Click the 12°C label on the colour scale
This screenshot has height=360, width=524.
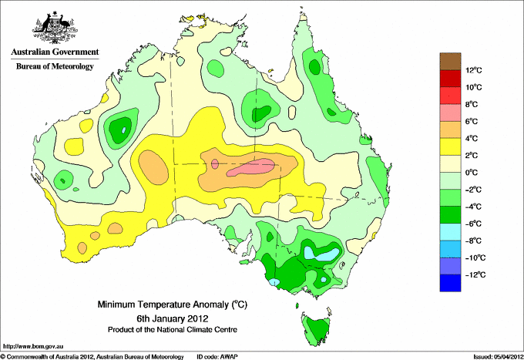click(x=474, y=70)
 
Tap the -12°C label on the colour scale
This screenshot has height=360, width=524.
click(x=476, y=274)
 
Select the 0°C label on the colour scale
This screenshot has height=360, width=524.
click(x=472, y=173)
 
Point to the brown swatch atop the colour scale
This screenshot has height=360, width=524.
click(x=450, y=61)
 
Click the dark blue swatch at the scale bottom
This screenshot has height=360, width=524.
click(x=450, y=283)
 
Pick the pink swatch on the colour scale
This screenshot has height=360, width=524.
click(x=450, y=113)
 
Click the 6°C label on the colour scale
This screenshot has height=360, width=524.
click(x=472, y=121)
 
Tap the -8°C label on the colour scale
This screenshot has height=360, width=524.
click(x=474, y=241)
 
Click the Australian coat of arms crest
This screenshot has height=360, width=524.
click(x=55, y=28)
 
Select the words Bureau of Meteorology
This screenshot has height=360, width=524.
click(x=55, y=66)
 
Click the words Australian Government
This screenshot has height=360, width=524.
click(x=55, y=52)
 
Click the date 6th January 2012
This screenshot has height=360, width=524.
click(x=173, y=318)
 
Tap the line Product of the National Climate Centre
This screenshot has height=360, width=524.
click(x=173, y=330)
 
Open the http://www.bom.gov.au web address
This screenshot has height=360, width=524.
click(x=32, y=346)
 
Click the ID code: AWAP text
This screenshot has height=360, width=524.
click(x=217, y=357)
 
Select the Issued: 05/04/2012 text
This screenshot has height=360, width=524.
click(x=499, y=357)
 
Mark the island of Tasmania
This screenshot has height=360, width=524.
click(x=316, y=329)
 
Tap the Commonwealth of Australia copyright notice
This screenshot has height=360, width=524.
click(x=92, y=357)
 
